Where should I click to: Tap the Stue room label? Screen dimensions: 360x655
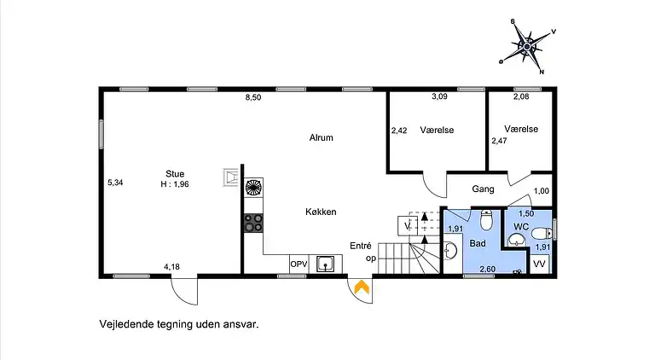(x=175, y=173)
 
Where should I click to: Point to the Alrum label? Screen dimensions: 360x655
(x=321, y=137)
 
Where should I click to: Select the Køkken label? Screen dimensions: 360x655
(x=321, y=212)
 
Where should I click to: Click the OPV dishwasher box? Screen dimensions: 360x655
(x=298, y=264)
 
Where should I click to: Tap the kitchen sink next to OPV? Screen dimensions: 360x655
(x=325, y=264)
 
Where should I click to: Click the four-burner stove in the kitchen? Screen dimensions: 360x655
(x=253, y=223)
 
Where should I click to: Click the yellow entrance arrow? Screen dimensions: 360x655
(x=362, y=289)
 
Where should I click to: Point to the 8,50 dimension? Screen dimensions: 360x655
(x=252, y=98)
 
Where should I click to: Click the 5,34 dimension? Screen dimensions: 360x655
(x=115, y=182)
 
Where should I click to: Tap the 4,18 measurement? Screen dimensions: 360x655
(x=171, y=266)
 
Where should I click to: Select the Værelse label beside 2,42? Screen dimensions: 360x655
(x=436, y=131)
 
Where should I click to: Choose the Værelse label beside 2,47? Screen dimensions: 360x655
(x=520, y=129)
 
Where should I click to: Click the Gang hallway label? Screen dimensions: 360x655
(x=484, y=189)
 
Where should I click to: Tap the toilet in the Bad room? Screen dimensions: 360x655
(x=486, y=222)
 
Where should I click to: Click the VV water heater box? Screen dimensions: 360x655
(x=539, y=264)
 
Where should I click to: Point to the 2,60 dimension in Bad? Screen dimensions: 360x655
(x=487, y=270)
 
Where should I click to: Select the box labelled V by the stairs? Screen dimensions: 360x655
(x=407, y=225)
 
